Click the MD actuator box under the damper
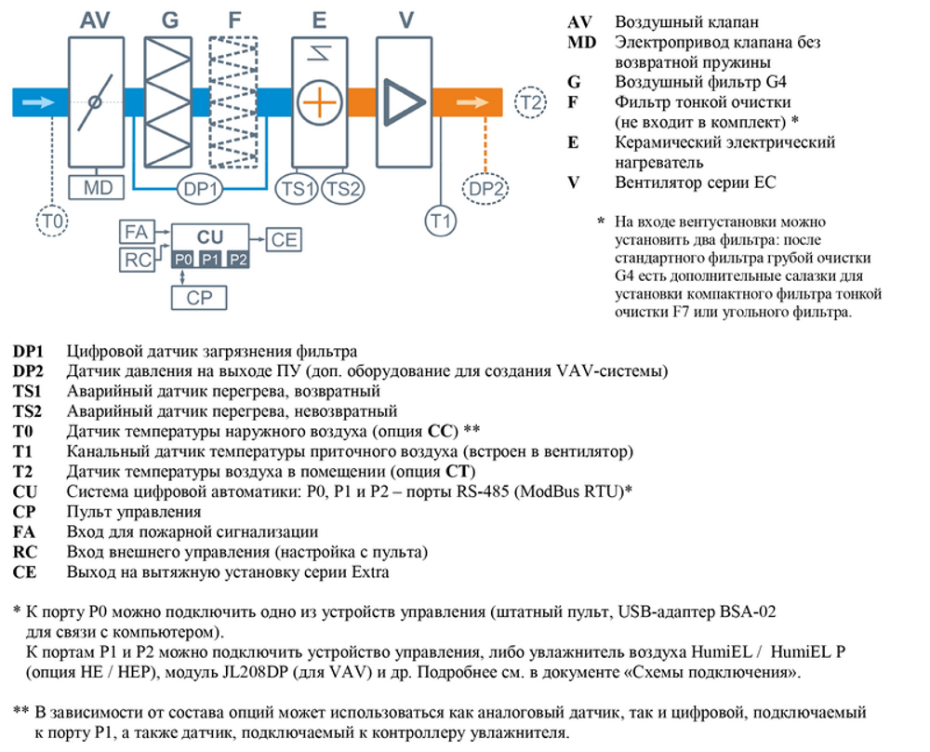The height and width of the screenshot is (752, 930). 98,189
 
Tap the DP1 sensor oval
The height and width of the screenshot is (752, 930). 203,189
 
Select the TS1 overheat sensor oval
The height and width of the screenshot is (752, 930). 299,189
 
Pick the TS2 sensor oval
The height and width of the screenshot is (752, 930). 342,189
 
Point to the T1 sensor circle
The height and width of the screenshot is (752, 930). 441,221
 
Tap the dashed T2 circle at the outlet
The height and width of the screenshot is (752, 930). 529,101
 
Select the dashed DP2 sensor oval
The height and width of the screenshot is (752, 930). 487,189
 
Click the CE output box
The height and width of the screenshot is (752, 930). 284,239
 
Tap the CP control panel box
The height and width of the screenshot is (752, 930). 200,298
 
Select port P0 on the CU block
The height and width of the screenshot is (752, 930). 182,259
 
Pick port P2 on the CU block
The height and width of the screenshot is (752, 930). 238,259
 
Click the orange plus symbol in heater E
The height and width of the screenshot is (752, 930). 318,101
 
